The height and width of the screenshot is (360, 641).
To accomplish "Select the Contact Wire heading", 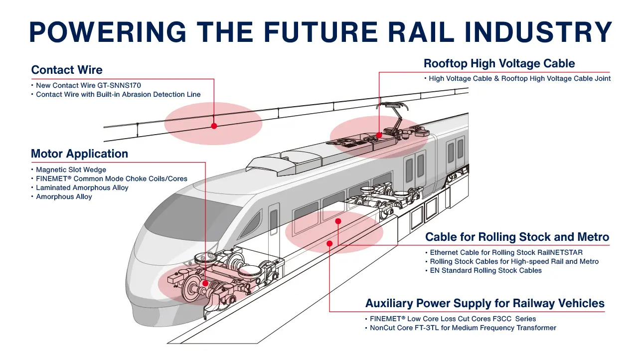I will pyautogui.click(x=67, y=70).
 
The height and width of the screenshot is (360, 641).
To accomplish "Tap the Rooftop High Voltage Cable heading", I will pyautogui.click(x=499, y=63).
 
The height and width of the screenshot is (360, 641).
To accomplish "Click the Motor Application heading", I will pyautogui.click(x=79, y=154).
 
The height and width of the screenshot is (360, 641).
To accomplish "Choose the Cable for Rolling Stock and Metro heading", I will pyautogui.click(x=517, y=237).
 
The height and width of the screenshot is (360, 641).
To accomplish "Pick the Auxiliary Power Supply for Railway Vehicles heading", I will pyautogui.click(x=484, y=303).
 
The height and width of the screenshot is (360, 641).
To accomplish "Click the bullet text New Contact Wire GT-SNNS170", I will pyautogui.click(x=88, y=85).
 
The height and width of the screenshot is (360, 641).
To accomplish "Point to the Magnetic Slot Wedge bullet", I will pyautogui.click(x=71, y=170).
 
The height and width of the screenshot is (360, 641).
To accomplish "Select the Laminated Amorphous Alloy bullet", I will pyautogui.click(x=82, y=187).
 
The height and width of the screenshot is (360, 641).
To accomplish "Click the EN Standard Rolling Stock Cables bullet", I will pyautogui.click(x=485, y=270).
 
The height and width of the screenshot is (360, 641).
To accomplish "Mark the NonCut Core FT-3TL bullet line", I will pyautogui.click(x=463, y=328).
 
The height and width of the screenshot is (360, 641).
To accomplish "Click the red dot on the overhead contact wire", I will pyautogui.click(x=214, y=126).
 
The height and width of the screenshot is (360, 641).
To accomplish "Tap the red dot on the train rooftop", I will pyautogui.click(x=379, y=135).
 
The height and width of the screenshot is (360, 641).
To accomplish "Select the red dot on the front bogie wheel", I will pyautogui.click(x=205, y=283).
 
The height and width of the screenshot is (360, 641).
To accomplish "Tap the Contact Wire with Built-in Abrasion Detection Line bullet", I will pyautogui.click(x=118, y=94).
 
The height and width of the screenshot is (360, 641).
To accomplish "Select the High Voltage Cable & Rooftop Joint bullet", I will pyautogui.click(x=519, y=78).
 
